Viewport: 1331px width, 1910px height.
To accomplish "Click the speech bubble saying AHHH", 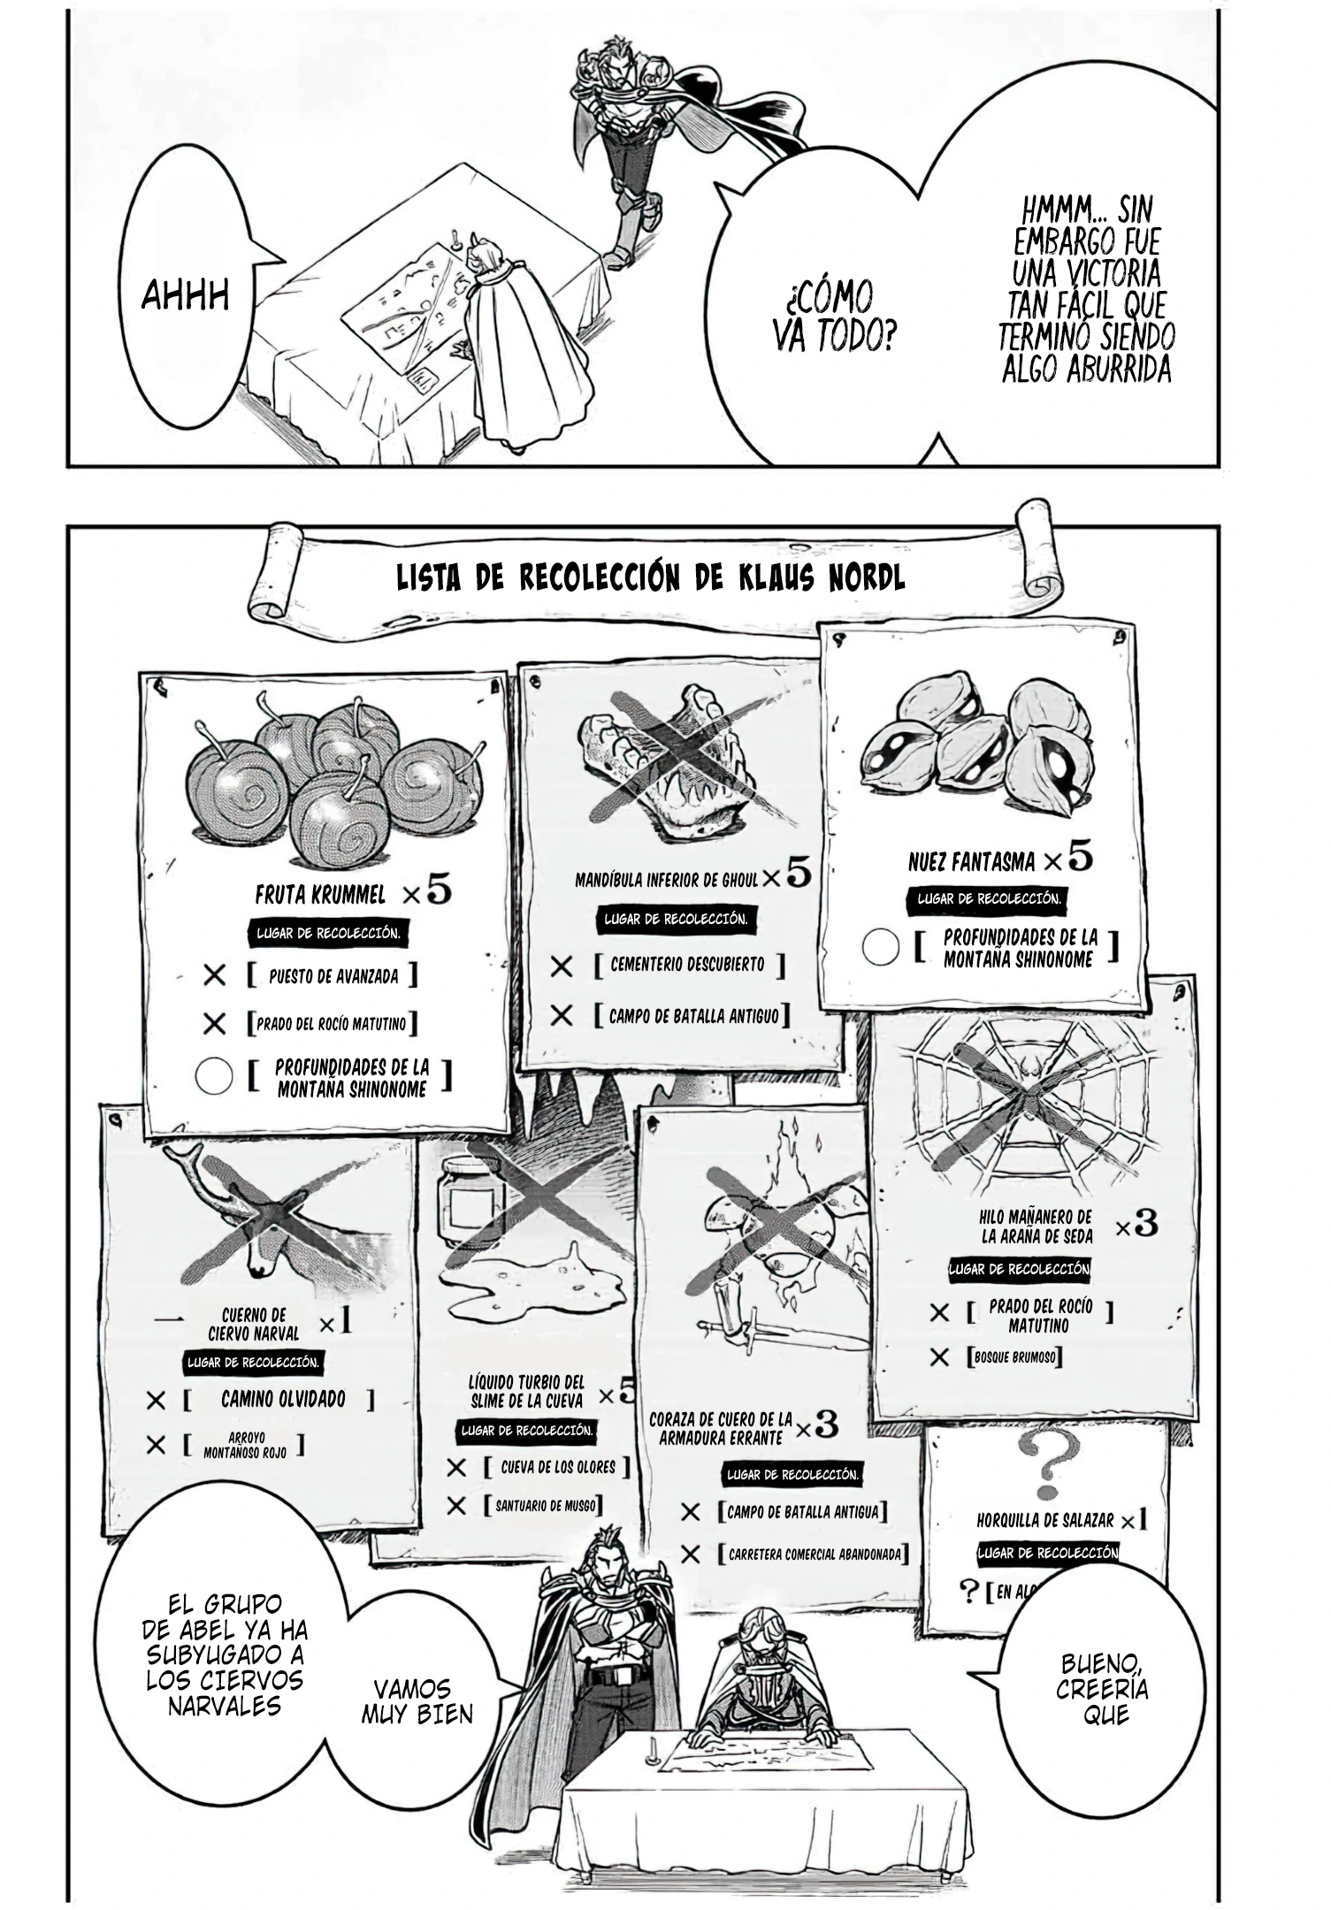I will [x=186, y=296].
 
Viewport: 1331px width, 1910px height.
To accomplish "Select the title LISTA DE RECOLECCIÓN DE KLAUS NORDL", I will [x=650, y=578].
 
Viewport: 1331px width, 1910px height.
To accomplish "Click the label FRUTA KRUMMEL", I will [x=320, y=895].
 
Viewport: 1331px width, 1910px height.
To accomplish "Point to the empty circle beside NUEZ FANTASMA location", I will [x=880, y=947].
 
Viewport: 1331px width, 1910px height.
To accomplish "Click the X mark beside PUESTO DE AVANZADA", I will [x=214, y=976].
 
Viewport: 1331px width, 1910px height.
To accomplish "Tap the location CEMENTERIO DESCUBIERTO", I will [x=687, y=965].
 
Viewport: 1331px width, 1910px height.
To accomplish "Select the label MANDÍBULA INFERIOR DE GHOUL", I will [x=667, y=880].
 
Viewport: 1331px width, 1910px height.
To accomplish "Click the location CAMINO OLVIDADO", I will [x=282, y=1399].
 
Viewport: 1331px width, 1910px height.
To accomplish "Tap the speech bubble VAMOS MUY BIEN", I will [x=417, y=1701].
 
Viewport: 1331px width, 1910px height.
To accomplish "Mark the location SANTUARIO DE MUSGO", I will [x=545, y=1505].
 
